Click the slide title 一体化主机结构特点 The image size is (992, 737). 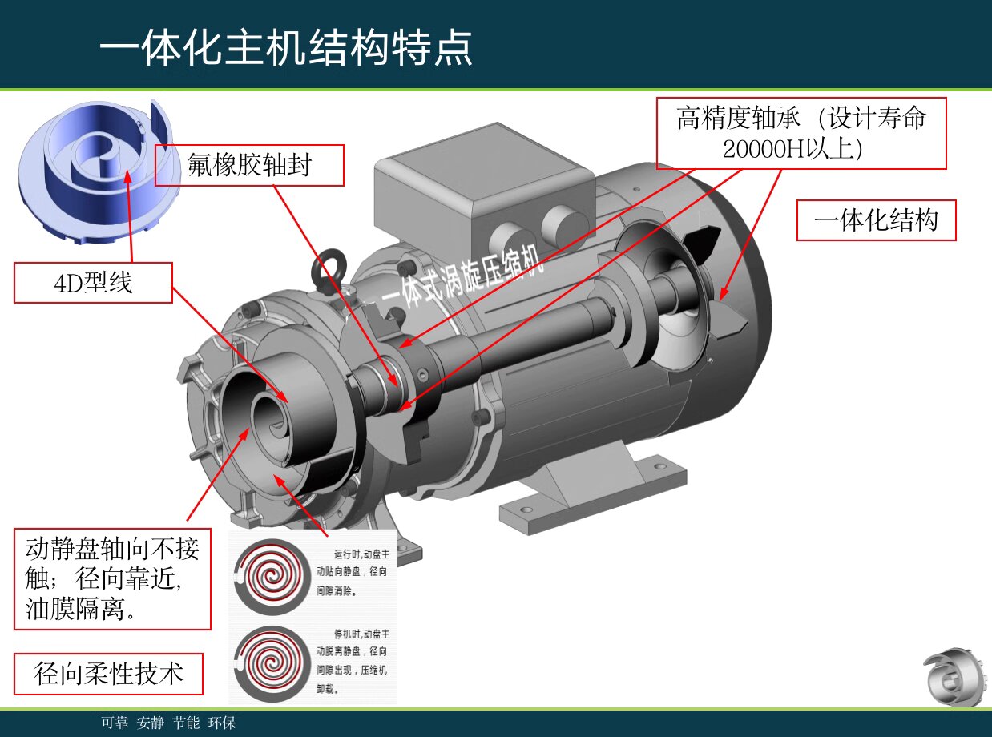click(285, 48)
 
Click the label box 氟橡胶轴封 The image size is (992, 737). click(249, 165)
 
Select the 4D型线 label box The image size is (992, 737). click(93, 283)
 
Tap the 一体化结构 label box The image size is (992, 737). click(876, 220)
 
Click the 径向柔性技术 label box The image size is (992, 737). click(108, 674)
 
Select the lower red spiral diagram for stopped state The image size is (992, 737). click(272, 662)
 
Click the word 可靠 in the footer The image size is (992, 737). click(115, 723)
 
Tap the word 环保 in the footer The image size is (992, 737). click(221, 723)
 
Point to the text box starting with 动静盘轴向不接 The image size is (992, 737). click(112, 578)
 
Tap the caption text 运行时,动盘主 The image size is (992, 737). click(361, 554)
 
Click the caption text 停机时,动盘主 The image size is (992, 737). click(361, 634)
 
